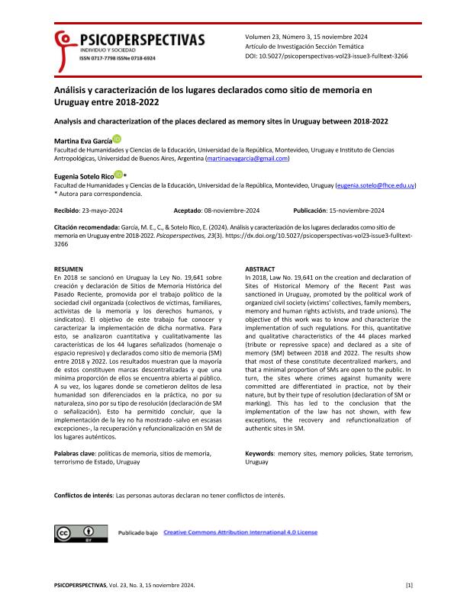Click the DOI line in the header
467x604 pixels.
337,56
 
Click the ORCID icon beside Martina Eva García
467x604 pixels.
116,139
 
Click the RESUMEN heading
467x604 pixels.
69,270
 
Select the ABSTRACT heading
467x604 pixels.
260,270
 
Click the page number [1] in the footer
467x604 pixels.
409,584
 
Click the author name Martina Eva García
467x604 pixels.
82,140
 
